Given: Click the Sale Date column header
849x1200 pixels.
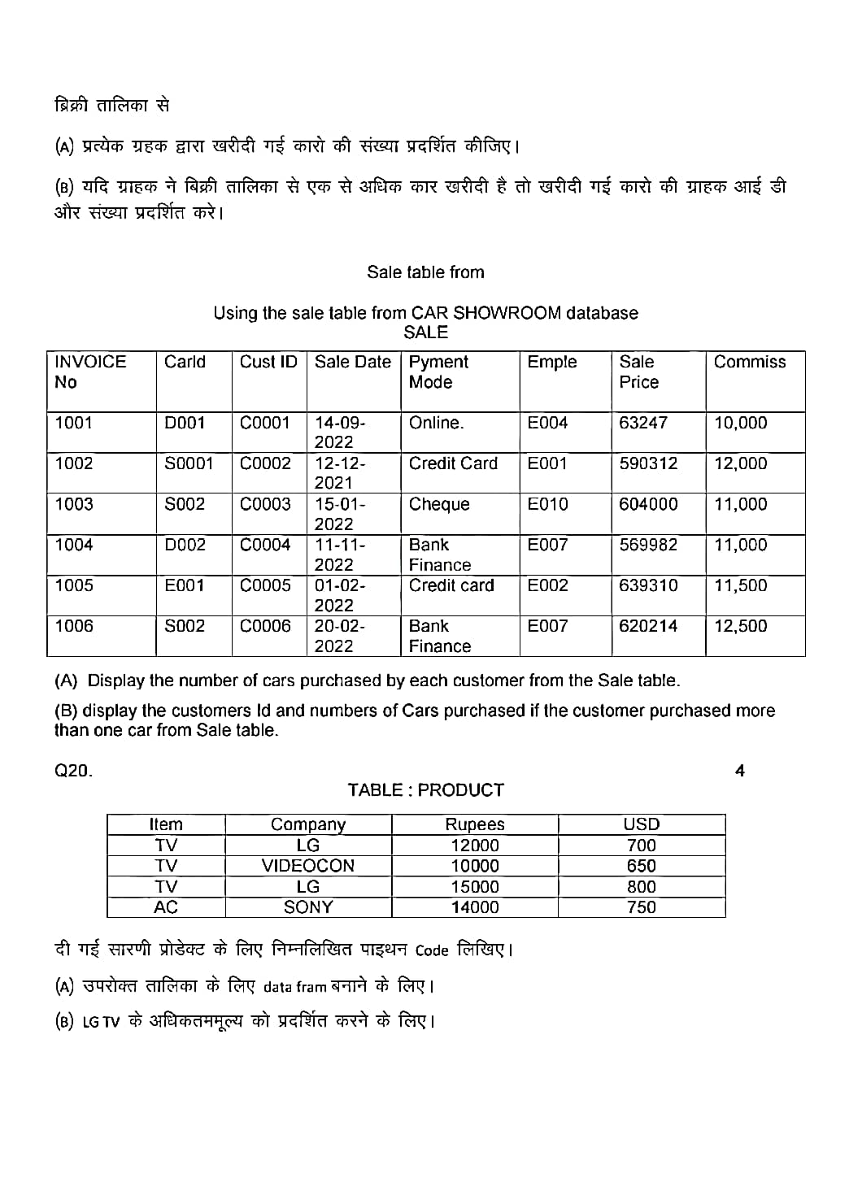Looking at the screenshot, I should click(x=352, y=362).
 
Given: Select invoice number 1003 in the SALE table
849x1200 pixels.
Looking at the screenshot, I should click(x=74, y=504).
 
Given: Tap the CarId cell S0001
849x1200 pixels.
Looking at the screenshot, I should click(x=189, y=463).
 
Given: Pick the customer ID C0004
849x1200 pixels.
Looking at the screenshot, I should click(x=265, y=545).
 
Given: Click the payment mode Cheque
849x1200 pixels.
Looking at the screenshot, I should click(x=439, y=504).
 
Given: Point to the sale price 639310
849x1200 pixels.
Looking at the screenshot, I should click(x=648, y=585).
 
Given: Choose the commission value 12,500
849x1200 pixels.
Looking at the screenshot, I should click(x=740, y=626).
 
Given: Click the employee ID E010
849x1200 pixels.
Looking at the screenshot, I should click(x=547, y=504).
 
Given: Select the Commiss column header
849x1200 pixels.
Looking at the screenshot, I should click(x=750, y=362).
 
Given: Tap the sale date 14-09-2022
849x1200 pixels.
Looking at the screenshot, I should click(x=340, y=433).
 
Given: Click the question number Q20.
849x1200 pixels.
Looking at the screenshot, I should click(x=73, y=771).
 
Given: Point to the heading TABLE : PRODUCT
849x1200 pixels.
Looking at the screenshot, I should click(x=425, y=790).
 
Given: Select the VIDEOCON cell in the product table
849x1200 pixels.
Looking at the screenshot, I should click(x=308, y=866).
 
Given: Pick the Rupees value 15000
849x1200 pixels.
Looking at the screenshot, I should click(x=475, y=886).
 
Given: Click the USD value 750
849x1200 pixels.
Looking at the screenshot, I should click(x=641, y=907).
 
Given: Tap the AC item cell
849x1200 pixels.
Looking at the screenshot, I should click(x=166, y=907).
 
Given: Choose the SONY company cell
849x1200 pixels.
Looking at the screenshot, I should click(x=308, y=907).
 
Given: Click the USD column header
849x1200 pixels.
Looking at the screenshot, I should click(x=641, y=824).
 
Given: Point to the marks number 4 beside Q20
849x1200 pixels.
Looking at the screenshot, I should click(x=740, y=771).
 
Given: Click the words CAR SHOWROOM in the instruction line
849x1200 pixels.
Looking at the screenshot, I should click(x=485, y=313).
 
